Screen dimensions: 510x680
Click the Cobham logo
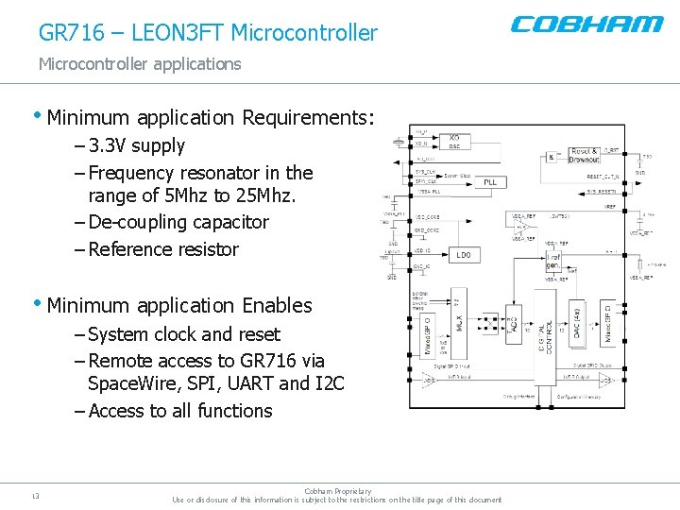pos(586,25)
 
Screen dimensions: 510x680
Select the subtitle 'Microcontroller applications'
pos(140,64)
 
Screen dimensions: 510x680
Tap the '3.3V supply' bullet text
pos(136,146)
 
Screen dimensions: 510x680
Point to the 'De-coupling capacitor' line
pos(178,223)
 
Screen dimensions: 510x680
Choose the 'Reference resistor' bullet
pos(162,250)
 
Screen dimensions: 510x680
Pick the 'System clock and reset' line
pos(183,334)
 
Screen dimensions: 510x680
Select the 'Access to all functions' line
pos(179,412)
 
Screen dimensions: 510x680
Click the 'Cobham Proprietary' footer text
pos(338,491)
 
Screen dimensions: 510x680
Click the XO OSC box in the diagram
pos(454,141)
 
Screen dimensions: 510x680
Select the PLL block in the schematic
pos(490,181)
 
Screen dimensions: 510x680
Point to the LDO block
pos(463,255)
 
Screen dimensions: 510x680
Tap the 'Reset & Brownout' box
pos(584,155)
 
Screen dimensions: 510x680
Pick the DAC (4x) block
pos(576,326)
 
